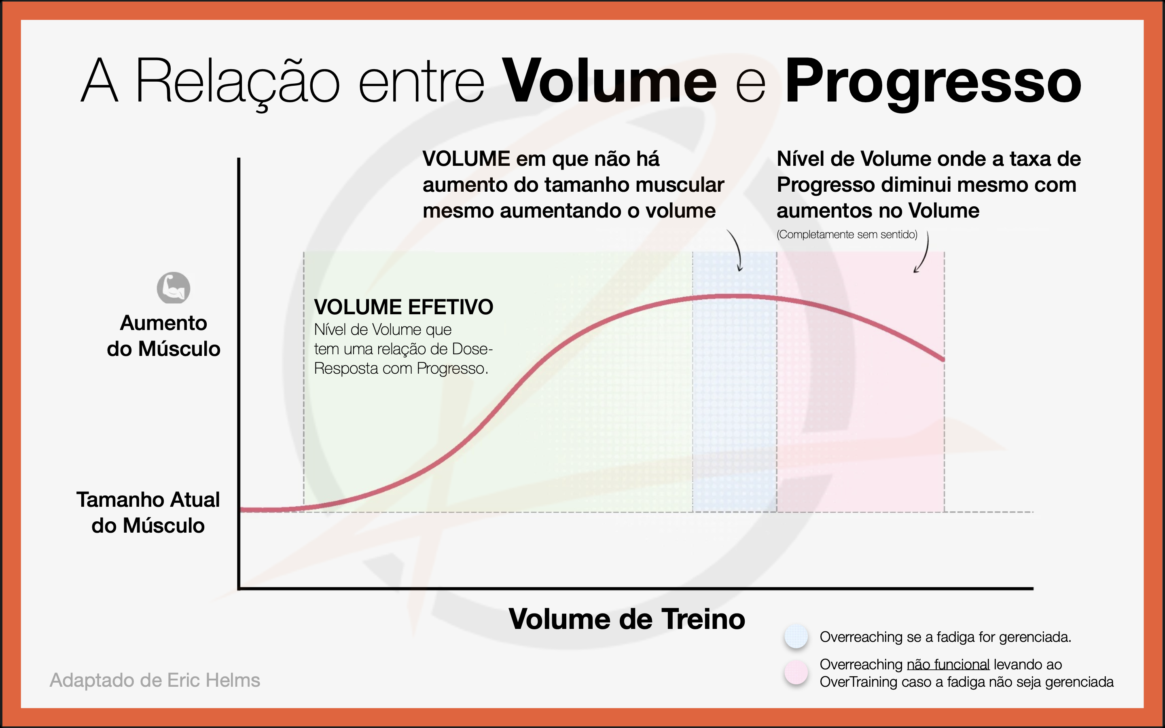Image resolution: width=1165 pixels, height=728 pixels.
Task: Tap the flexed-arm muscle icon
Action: pyautogui.click(x=173, y=288)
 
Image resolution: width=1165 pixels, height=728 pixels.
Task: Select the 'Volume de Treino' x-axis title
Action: pyautogui.click(x=627, y=619)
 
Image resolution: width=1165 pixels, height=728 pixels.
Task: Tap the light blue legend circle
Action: pyautogui.click(x=796, y=636)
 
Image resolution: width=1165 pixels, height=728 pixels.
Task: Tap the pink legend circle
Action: pyautogui.click(x=796, y=672)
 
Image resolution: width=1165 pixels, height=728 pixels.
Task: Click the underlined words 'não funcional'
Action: pyautogui.click(x=948, y=665)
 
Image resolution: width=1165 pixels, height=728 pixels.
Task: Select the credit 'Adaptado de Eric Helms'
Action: pyautogui.click(x=155, y=680)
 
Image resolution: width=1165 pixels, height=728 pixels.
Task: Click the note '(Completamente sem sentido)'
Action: pyautogui.click(x=847, y=235)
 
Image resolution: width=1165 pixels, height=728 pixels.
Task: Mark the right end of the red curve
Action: pyautogui.click(x=944, y=359)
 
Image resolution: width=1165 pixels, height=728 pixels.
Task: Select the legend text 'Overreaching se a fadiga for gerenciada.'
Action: pyautogui.click(x=945, y=637)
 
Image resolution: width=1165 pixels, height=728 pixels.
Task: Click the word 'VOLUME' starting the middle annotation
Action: pyautogui.click(x=466, y=159)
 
